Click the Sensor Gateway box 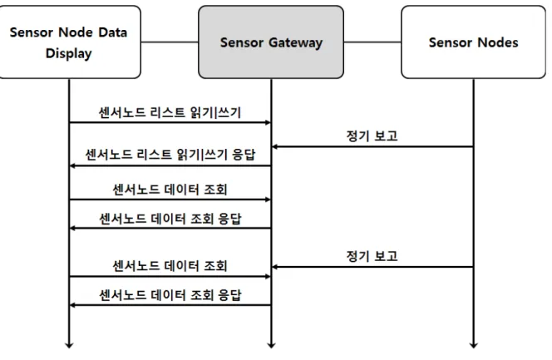pyautogui.click(x=271, y=42)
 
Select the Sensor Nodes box pyautogui.click(x=474, y=42)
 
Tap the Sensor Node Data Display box pyautogui.click(x=69, y=42)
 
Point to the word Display pyautogui.click(x=69, y=53)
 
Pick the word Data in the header pyautogui.click(x=113, y=32)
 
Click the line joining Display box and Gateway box pyautogui.click(x=170, y=42)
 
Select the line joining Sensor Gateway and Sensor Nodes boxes pyautogui.click(x=372, y=42)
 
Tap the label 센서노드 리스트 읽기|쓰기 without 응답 pyautogui.click(x=170, y=112)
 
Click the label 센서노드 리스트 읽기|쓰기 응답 pyautogui.click(x=170, y=155)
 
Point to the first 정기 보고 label pyautogui.click(x=372, y=136)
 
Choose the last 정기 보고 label pyautogui.click(x=372, y=256)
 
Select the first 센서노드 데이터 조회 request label pyautogui.click(x=170, y=190)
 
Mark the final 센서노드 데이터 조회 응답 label pyautogui.click(x=170, y=295)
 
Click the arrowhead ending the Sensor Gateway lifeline pyautogui.click(x=271, y=345)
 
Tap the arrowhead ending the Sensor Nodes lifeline pyautogui.click(x=474, y=345)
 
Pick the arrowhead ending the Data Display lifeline pyautogui.click(x=69, y=345)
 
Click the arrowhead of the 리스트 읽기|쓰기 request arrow pyautogui.click(x=268, y=122)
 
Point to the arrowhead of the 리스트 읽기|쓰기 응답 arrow pyautogui.click(x=72, y=165)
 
